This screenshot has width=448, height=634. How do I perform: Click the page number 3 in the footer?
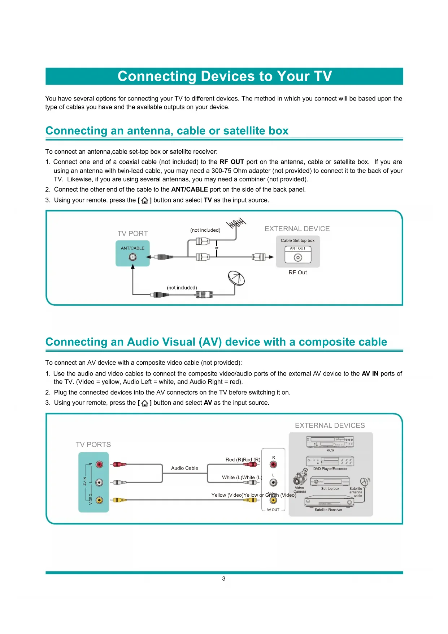[223, 578]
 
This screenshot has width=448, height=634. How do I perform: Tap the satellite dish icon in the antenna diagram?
[236, 278]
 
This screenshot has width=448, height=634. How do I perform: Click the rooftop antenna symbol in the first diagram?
[236, 223]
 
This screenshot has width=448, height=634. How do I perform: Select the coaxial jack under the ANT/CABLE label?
[133, 257]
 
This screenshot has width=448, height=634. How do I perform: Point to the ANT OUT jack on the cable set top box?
[298, 257]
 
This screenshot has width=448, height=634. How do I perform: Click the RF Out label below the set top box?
[297, 273]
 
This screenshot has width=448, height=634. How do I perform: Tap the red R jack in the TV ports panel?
[99, 464]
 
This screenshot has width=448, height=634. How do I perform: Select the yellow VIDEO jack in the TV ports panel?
[99, 500]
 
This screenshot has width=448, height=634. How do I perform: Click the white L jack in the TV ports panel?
[99, 482]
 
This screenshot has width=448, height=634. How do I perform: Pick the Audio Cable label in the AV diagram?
[184, 468]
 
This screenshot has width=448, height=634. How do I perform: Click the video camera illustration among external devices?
[300, 477]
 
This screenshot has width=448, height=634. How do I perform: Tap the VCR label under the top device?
[330, 450]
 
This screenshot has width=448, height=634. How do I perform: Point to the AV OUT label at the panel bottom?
[273, 510]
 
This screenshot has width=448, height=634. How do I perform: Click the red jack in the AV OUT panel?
[274, 465]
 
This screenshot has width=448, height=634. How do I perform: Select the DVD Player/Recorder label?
[330, 469]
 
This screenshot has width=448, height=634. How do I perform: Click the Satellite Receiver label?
[328, 510]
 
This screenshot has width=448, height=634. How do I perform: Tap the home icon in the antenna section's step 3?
[144, 200]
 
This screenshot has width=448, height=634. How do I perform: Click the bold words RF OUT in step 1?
[232, 162]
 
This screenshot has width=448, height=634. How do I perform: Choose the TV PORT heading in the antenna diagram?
[132, 234]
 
